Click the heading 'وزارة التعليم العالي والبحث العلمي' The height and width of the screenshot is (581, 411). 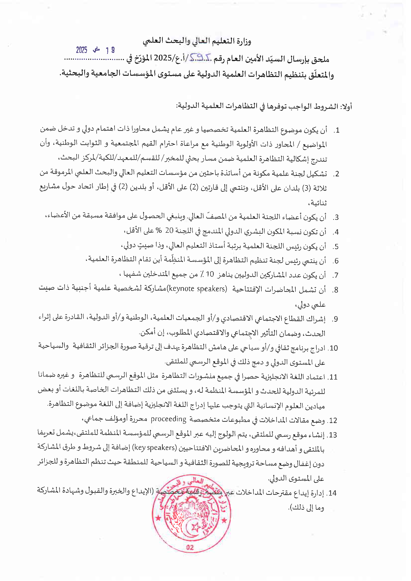pyautogui.click(x=197, y=41)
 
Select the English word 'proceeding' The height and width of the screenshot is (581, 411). pyautogui.click(x=168, y=419)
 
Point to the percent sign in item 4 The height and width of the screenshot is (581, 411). pyautogui.click(x=159, y=231)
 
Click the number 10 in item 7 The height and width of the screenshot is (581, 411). pyautogui.click(x=209, y=274)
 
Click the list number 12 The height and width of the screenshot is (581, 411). pyautogui.click(x=332, y=421)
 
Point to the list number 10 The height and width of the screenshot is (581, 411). pyautogui.click(x=333, y=348)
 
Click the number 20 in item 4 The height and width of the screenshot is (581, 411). pyautogui.click(x=169, y=231)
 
